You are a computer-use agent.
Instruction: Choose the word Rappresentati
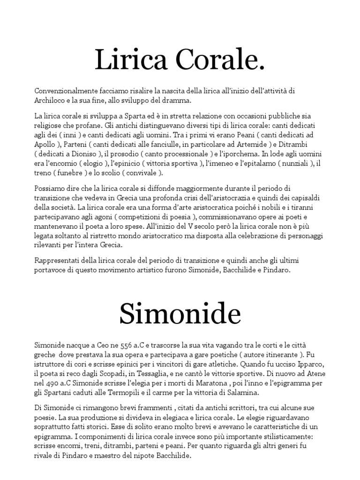57,260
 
